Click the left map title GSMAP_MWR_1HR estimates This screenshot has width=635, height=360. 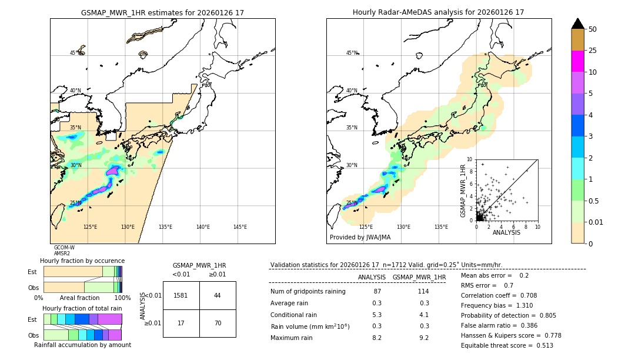[162, 12]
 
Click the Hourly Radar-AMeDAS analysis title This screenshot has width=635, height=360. [438, 12]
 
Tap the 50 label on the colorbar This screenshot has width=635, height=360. [593, 29]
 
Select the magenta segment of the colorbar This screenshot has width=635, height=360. [577, 61]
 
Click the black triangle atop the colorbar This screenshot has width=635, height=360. [577, 24]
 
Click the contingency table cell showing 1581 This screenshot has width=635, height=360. [181, 295]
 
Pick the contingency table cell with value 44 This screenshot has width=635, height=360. [218, 295]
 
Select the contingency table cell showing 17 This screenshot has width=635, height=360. [181, 323]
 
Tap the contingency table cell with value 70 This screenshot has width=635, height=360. [218, 323]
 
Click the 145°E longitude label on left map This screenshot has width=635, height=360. [240, 227]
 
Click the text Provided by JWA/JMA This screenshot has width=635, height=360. [360, 238]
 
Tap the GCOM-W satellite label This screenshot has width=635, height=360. [64, 248]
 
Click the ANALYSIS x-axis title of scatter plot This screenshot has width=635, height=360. [506, 232]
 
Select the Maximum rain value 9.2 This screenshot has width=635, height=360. [424, 338]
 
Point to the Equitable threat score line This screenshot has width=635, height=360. [507, 345]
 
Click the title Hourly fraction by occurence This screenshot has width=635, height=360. [82, 261]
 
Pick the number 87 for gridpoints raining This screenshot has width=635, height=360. [377, 291]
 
